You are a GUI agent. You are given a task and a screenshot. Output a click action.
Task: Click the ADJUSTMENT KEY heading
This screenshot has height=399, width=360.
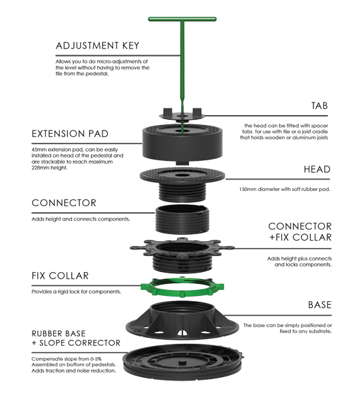pos(98,46)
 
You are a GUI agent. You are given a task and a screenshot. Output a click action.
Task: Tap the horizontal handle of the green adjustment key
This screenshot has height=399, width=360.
pos(182,19)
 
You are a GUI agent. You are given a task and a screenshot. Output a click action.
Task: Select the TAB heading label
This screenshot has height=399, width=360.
pos(319,106)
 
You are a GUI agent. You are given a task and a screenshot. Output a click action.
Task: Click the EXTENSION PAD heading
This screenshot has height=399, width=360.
pos(70,134)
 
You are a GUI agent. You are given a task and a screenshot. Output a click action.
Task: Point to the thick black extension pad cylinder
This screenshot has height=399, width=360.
pos(182,144)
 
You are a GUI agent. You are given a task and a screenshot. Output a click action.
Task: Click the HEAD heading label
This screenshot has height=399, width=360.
pos(317,170)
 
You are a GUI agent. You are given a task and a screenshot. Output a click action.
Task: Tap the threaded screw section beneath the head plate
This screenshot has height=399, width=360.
pos(182,193)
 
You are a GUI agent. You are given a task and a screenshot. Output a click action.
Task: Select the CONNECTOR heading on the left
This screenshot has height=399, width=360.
pos(64,203)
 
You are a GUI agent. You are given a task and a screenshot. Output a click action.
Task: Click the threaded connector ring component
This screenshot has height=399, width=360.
pos(182,219)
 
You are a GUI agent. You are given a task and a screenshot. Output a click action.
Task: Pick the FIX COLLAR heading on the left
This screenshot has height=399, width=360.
pos(60,276)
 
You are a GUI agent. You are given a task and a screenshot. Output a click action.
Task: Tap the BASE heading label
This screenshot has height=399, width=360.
pos(320,305)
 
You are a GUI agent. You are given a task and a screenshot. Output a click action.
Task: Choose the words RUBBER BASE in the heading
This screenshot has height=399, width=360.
pos(59,334)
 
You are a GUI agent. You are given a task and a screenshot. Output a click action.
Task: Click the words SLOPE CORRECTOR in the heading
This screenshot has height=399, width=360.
pos(80,343)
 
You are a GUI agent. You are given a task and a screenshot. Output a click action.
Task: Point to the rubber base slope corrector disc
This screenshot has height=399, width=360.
pos(182,362)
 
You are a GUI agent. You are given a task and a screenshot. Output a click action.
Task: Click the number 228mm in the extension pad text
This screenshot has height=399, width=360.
pos(40,168)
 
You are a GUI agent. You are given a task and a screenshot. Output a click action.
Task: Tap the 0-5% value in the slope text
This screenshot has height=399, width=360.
pos(96,359)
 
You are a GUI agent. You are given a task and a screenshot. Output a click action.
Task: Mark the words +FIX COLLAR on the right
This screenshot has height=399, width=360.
pos(300,237)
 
